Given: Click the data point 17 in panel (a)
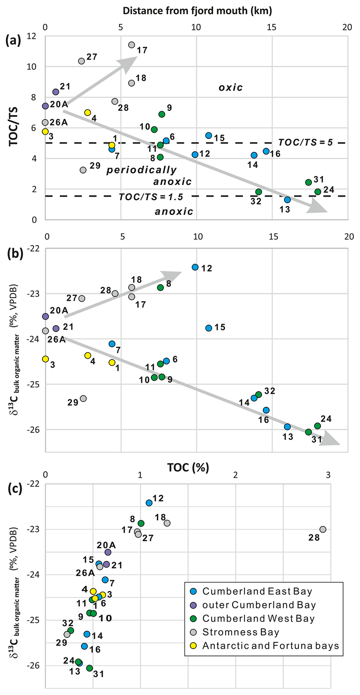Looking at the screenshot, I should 131,45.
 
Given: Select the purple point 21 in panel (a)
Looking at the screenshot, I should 55,92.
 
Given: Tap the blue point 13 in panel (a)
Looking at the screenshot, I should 287,200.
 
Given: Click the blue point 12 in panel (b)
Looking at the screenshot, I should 195,267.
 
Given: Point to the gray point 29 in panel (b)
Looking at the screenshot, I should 83,399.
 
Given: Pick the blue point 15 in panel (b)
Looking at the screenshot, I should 209,328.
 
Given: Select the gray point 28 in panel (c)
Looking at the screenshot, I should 323,529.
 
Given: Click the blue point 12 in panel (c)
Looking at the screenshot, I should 149,503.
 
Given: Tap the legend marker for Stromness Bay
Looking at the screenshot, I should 194,632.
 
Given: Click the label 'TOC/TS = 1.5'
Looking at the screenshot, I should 151,197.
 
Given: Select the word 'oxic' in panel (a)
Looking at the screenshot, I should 231,87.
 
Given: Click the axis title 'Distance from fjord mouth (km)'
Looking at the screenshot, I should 197,10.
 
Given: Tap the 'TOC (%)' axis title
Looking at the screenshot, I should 188,468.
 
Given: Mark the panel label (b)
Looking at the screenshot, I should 15,254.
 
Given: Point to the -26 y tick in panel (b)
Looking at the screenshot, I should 33,429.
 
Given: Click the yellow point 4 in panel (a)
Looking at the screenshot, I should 87,113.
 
